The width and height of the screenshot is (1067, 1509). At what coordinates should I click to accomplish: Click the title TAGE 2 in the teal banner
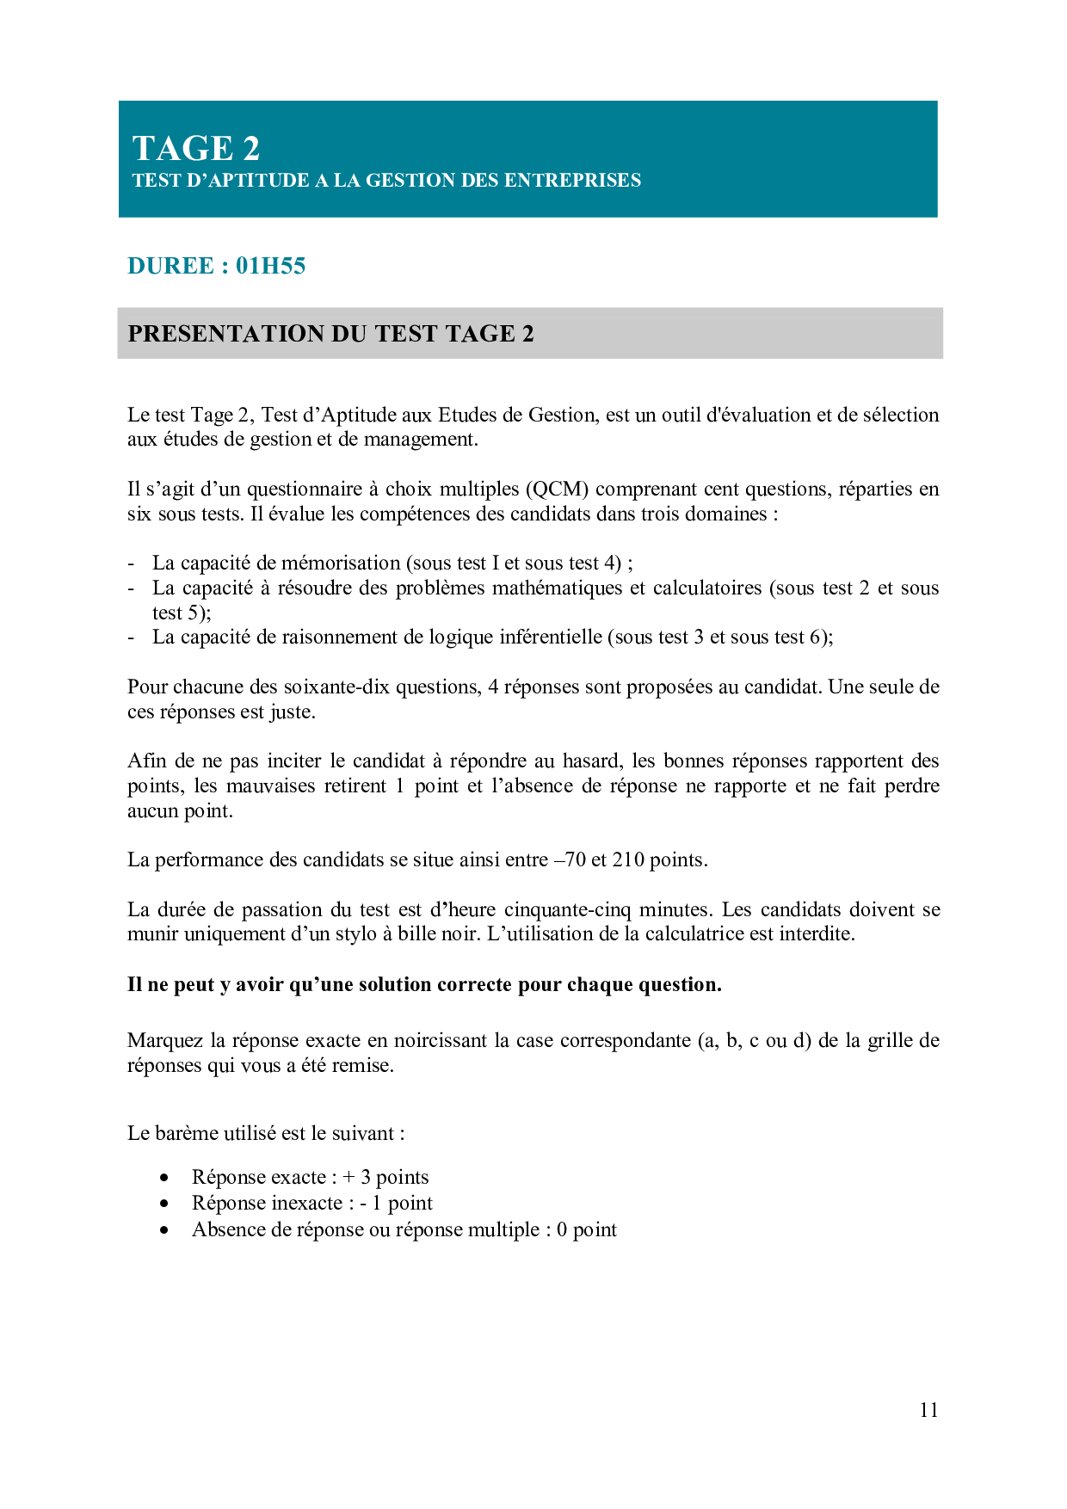point(196,149)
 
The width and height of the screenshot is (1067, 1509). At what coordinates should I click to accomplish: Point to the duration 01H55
point(270,266)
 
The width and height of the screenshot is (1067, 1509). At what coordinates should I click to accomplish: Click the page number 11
point(928,1409)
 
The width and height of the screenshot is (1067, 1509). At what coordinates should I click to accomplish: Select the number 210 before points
point(628,860)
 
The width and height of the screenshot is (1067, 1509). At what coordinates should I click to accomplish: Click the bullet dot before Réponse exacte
point(164,1178)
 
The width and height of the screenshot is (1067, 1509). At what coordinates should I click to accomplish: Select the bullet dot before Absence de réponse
point(164,1230)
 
